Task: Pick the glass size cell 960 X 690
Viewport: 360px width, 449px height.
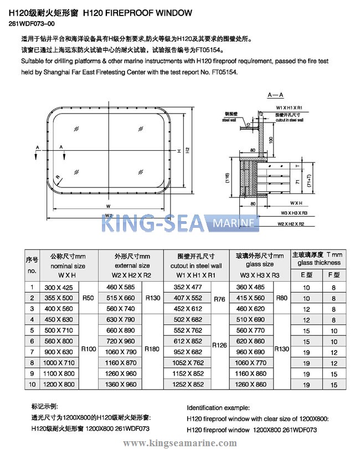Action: click(x=251, y=351)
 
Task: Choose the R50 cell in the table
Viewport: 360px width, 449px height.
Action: click(x=88, y=298)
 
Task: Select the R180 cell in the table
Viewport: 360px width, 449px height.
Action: click(x=152, y=349)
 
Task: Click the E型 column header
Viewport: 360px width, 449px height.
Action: click(x=306, y=274)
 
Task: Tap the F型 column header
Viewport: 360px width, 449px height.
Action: click(x=333, y=274)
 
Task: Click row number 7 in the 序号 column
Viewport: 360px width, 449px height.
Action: click(x=32, y=351)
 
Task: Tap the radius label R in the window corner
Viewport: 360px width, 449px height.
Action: click(x=58, y=176)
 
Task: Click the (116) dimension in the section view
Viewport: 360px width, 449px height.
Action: click(x=227, y=177)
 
